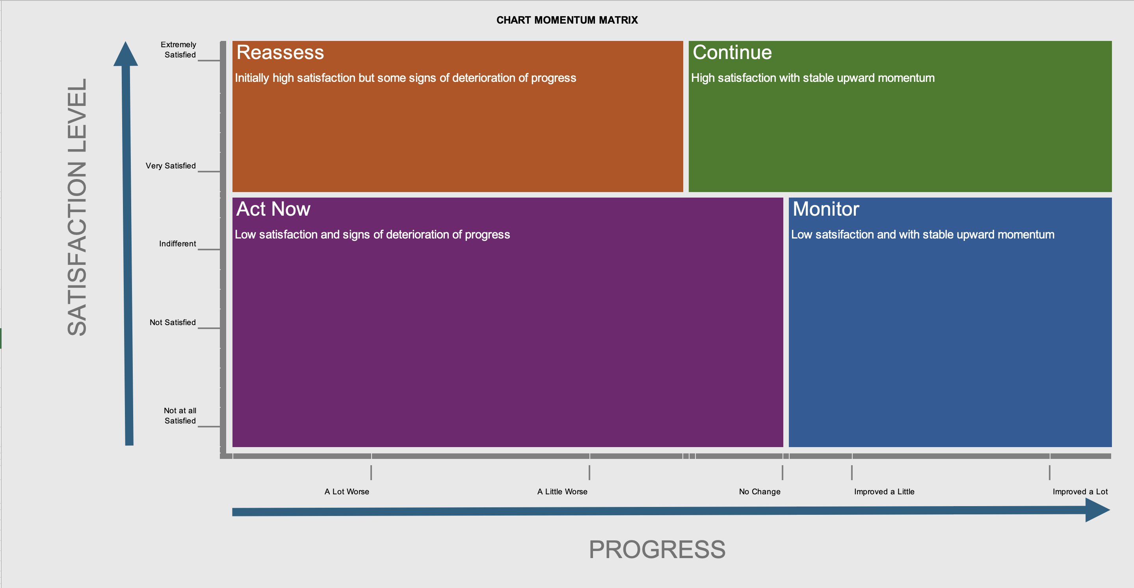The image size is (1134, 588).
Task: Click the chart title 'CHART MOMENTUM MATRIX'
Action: pyautogui.click(x=567, y=20)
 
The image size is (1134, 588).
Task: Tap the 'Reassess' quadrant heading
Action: pyautogui.click(x=280, y=52)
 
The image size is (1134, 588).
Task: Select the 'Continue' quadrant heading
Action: pyautogui.click(x=732, y=52)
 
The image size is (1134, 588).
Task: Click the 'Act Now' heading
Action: pyautogui.click(x=273, y=209)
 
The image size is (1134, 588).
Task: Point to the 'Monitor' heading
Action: pyautogui.click(x=826, y=209)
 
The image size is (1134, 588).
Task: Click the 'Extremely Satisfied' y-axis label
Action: pyautogui.click(x=178, y=50)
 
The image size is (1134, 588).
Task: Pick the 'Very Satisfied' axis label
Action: pyautogui.click(x=171, y=166)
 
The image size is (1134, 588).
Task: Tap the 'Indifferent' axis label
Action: pyautogui.click(x=177, y=244)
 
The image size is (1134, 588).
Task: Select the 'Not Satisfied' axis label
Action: pyautogui.click(x=173, y=322)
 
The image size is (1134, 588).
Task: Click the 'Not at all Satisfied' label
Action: pyautogui.click(x=180, y=416)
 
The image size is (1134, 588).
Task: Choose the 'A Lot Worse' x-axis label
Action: pyautogui.click(x=347, y=492)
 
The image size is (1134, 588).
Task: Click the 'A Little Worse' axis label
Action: pyautogui.click(x=562, y=492)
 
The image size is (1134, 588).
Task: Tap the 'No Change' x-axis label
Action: pyautogui.click(x=760, y=492)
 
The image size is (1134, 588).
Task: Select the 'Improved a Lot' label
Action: pyautogui.click(x=1080, y=492)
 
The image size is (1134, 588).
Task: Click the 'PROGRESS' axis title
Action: pyautogui.click(x=657, y=550)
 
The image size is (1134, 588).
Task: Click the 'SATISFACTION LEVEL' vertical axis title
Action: pyautogui.click(x=77, y=207)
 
